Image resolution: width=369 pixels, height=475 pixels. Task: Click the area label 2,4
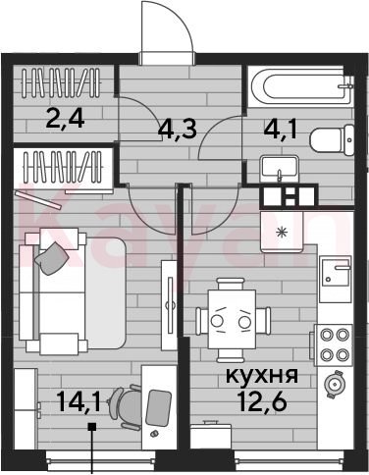[66, 119]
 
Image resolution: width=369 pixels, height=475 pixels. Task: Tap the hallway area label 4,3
[177, 129]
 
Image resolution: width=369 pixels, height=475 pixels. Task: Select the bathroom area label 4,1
[281, 131]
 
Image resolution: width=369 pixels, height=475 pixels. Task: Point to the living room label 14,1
[79, 401]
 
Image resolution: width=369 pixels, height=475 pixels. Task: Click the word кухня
[262, 376]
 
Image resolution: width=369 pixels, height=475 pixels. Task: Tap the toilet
[332, 140]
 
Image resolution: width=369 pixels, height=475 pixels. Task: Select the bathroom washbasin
[280, 169]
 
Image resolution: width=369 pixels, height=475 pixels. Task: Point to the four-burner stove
[334, 344]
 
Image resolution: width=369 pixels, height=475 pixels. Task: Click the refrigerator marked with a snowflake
[282, 232]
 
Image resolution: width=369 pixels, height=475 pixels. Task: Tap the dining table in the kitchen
[232, 319]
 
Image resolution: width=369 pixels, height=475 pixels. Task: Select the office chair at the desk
[126, 406]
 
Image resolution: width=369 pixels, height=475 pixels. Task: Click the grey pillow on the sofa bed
[51, 258]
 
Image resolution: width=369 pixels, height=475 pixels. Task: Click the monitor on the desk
[158, 408]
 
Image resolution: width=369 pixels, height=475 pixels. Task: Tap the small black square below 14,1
[92, 426]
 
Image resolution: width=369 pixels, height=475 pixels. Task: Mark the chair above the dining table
[231, 284]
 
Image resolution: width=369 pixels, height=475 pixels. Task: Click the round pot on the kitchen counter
[334, 384]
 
